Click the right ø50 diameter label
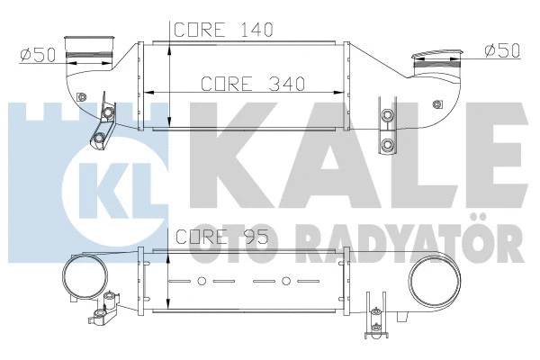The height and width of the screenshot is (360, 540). point(501,49)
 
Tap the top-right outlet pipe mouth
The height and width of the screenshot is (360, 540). point(436,61)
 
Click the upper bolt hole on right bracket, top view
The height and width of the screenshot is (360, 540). point(389,115)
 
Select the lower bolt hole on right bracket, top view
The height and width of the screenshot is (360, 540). point(389,144)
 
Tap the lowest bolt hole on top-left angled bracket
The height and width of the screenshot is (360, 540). point(97,139)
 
